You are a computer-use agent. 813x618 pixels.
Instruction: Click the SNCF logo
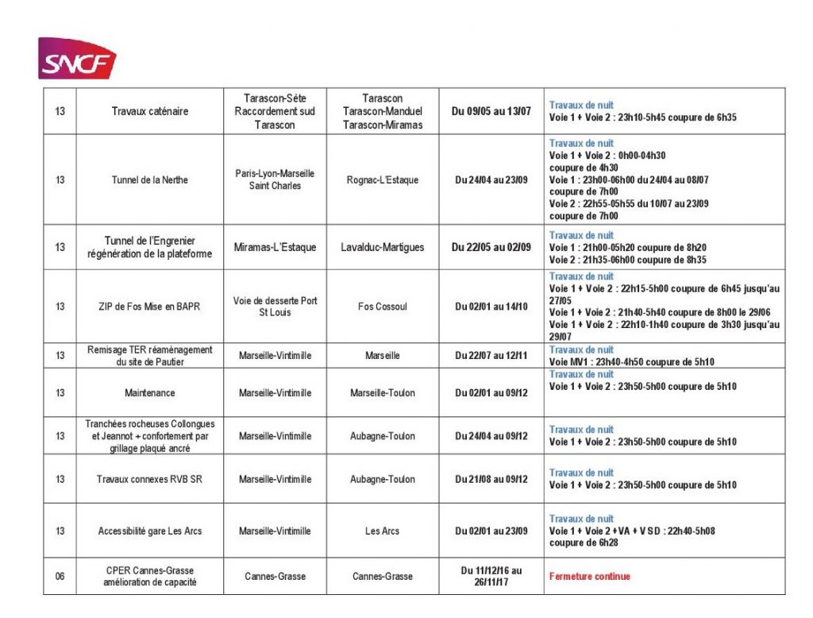tap(77, 59)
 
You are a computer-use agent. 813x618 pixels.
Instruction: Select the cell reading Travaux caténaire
tap(150, 112)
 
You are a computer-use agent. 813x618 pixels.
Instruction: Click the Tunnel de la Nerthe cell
tap(150, 180)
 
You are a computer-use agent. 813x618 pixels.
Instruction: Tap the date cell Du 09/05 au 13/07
tap(491, 112)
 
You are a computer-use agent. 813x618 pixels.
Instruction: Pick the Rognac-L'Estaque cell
tap(383, 180)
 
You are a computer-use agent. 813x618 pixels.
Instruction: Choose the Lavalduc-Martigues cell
tap(383, 247)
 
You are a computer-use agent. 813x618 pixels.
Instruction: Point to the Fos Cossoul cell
tap(383, 307)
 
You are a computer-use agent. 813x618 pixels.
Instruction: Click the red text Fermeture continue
tap(589, 577)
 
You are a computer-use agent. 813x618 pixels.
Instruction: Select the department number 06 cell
tap(60, 577)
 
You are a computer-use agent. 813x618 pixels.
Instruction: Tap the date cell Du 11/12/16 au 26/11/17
tap(491, 577)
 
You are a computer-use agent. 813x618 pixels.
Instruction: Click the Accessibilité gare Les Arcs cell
tap(150, 531)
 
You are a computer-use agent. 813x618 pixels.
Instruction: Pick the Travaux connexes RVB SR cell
tap(150, 480)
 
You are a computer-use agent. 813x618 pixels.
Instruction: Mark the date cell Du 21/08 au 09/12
tap(491, 480)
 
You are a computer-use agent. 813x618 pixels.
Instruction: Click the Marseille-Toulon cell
tap(383, 393)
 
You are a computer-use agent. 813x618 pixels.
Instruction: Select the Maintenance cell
tap(150, 393)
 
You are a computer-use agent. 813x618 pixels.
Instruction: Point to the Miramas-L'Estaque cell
tap(275, 247)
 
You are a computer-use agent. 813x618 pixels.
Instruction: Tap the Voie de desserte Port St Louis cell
tap(275, 307)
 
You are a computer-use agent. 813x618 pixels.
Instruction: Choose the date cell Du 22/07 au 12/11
tap(491, 356)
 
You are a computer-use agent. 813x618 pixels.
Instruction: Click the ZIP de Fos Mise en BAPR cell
tap(150, 307)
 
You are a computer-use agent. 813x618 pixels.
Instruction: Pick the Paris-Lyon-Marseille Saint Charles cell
tap(275, 180)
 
